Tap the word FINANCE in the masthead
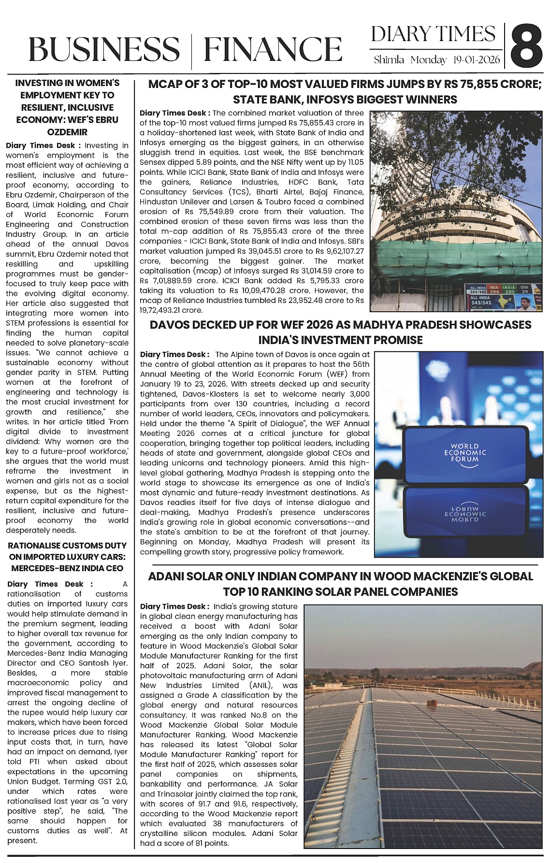coord(272,49)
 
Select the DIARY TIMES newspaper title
coord(434,34)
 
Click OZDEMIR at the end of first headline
coord(67,132)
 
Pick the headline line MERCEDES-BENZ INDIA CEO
coord(67,568)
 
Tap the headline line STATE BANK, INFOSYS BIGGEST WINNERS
coord(345,100)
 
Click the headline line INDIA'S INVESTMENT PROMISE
coord(340,340)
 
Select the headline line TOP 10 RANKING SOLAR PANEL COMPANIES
coord(340,592)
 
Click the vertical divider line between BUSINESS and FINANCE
coord(191,49)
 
